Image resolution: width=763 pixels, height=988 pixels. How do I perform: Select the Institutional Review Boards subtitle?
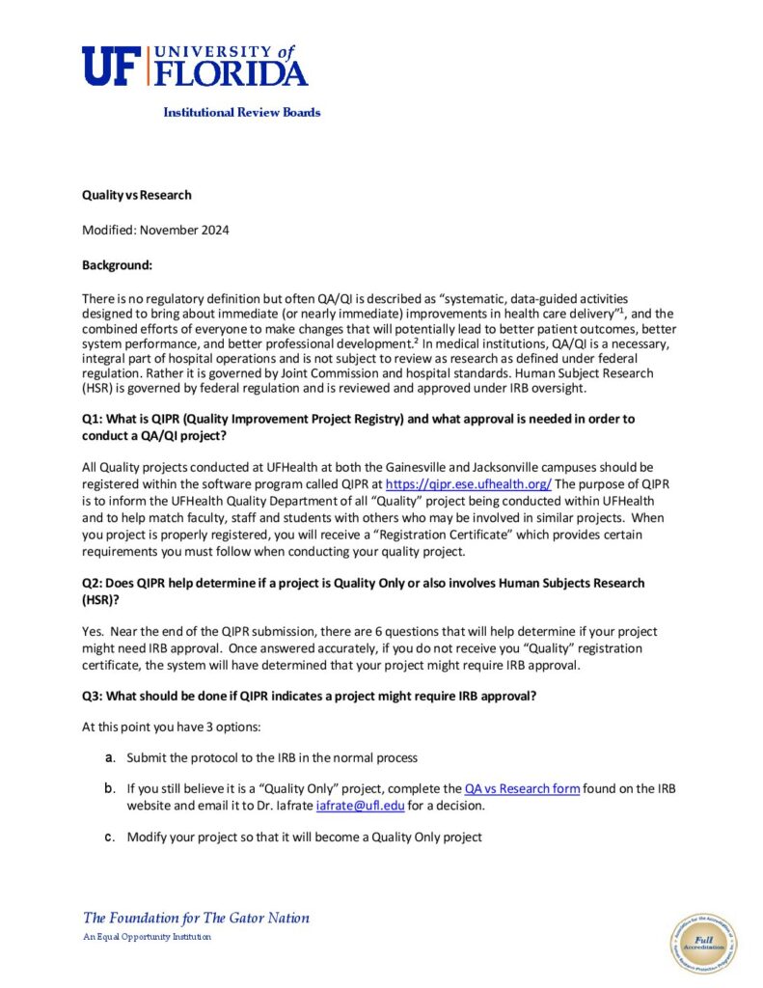coord(241,112)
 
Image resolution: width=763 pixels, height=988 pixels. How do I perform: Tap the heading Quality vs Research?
coord(136,195)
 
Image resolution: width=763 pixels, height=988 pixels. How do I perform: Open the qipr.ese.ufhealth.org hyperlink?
coord(468,485)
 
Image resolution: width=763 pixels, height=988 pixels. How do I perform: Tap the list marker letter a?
coord(110,757)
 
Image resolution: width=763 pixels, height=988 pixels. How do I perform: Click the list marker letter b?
coord(110,788)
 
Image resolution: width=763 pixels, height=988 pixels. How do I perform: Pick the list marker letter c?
coord(110,837)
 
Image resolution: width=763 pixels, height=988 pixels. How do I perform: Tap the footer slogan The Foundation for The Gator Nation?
coord(196,918)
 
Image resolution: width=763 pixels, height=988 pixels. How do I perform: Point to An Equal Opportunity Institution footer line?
coord(147,937)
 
